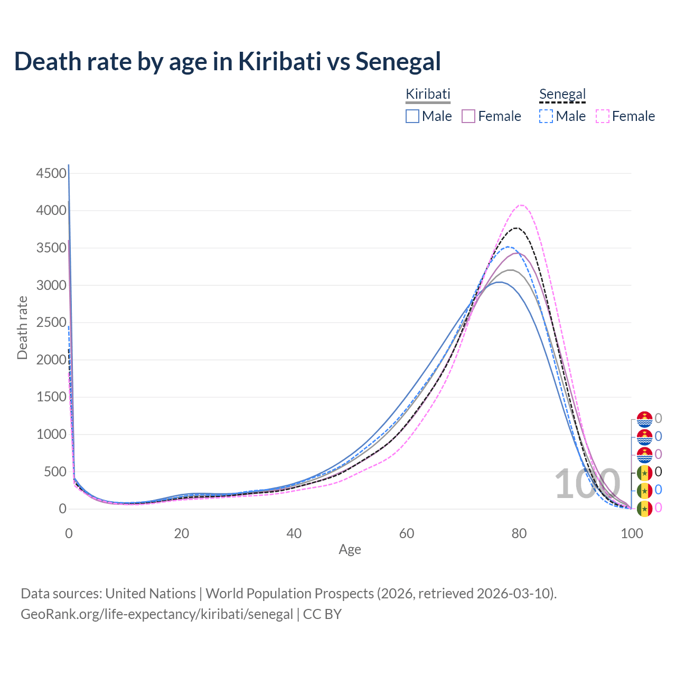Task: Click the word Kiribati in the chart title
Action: tap(279, 61)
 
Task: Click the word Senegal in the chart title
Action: tap(398, 61)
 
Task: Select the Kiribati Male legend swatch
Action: tap(412, 116)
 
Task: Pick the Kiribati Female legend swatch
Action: tap(468, 116)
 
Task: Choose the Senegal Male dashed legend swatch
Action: tap(546, 116)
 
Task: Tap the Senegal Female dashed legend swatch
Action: tap(603, 116)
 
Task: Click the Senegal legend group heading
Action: tap(562, 95)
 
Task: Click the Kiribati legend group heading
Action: tap(428, 95)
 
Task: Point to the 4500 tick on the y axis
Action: tap(52, 173)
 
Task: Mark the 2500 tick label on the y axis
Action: tap(52, 323)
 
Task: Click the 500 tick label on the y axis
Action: tap(55, 472)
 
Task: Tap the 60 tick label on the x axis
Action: tap(407, 533)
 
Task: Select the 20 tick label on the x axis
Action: tap(182, 533)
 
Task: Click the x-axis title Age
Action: tap(350, 549)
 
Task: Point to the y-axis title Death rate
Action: tap(22, 328)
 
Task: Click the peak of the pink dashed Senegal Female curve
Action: tap(521, 205)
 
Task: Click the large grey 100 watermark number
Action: tap(587, 484)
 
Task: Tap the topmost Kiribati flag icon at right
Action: tap(644, 419)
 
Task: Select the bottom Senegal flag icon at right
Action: tap(644, 509)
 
